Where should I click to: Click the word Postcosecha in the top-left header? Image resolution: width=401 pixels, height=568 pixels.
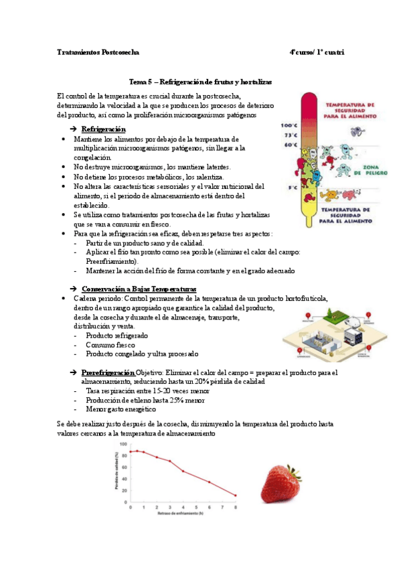click(120, 52)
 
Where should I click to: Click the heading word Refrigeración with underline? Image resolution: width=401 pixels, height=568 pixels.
click(103, 129)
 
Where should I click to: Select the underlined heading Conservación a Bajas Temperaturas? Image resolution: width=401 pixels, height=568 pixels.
click(133, 289)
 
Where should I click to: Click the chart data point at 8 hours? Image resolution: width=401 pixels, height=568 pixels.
click(235, 496)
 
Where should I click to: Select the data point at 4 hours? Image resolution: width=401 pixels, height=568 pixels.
click(183, 471)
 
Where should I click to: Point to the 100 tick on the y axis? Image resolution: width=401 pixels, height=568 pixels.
click(123, 444)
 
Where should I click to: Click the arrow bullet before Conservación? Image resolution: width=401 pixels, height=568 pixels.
click(74, 289)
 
